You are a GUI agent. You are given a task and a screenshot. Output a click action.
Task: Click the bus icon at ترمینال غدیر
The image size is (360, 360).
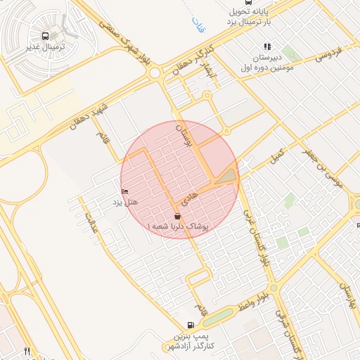(x=46, y=36)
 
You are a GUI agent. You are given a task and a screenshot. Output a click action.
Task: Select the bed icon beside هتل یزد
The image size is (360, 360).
(x=126, y=192)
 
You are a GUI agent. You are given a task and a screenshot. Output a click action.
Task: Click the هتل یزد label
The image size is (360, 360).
(x=127, y=202)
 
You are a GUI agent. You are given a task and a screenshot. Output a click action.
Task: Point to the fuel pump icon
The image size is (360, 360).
(x=191, y=326)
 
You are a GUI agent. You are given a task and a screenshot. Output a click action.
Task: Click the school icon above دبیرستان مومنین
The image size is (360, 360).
(x=267, y=46)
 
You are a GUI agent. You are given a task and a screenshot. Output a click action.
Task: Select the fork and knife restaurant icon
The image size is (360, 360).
(x=27, y=350)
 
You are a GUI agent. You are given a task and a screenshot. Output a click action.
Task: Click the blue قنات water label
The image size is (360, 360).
(x=196, y=27)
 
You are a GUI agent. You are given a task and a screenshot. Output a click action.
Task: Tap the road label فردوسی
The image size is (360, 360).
(x=328, y=53)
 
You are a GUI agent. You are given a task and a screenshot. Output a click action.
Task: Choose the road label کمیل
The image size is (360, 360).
(x=279, y=153)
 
